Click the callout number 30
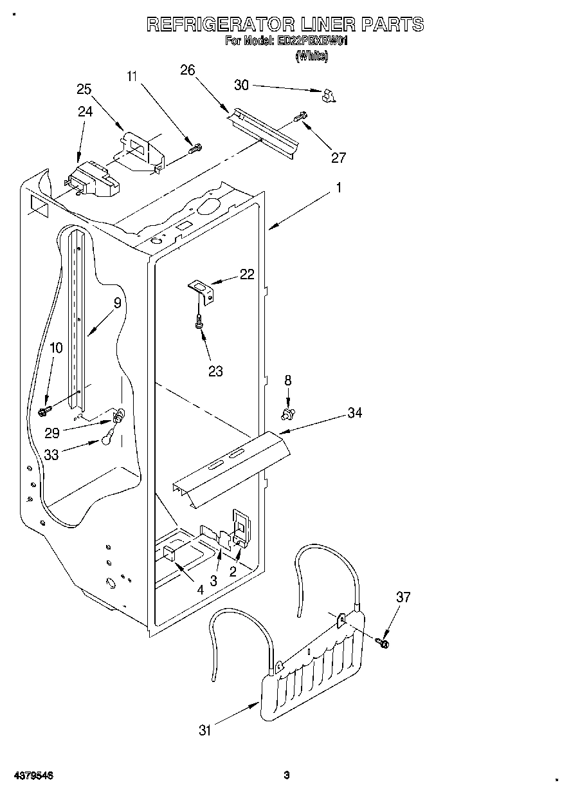(x=241, y=84)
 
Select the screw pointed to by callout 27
(x=300, y=117)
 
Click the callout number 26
(x=187, y=70)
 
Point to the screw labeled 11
(x=194, y=149)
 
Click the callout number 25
(x=84, y=89)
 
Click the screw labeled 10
(x=46, y=409)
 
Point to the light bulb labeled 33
(x=107, y=439)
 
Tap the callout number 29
(x=51, y=433)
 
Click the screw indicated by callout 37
(x=385, y=641)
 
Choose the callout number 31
(x=205, y=730)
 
